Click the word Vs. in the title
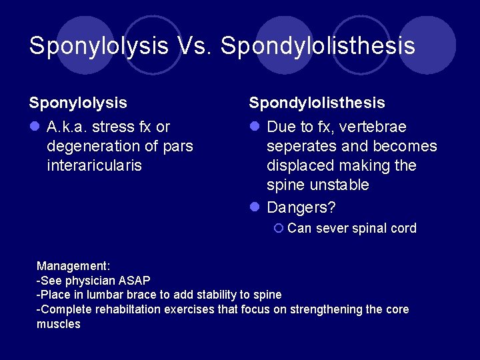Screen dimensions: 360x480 (195, 46)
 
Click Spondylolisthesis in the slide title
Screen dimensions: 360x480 (318, 46)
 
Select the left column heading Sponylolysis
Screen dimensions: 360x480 (78, 103)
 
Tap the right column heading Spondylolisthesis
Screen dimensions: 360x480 (317, 103)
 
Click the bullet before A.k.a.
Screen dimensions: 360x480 (33, 127)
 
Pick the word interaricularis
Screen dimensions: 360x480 (94, 165)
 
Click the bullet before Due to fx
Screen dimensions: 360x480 (254, 127)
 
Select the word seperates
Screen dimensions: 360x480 (304, 146)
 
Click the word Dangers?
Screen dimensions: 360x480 (301, 207)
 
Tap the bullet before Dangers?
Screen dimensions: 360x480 (254, 208)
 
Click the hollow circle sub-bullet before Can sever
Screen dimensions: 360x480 (279, 229)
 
